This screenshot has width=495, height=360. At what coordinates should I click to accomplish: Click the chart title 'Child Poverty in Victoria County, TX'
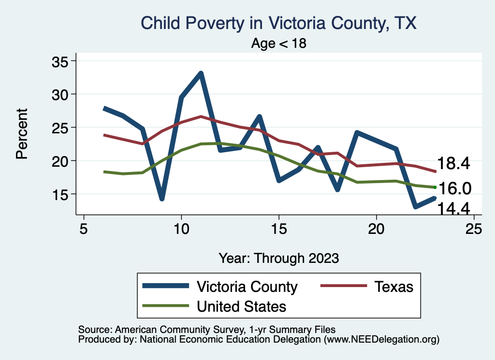tap(278, 23)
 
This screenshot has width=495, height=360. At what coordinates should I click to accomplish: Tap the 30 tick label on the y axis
tap(60, 94)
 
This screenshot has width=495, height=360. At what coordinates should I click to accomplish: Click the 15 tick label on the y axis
tap(60, 194)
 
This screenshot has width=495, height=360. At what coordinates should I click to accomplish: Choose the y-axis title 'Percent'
tap(21, 134)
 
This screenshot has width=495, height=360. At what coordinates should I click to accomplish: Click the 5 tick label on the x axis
tap(84, 229)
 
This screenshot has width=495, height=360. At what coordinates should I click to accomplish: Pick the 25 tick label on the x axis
tap(474, 229)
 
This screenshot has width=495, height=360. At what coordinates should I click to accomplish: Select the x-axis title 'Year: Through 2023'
tap(278, 258)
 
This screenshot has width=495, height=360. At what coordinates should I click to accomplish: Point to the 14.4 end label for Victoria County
tap(453, 208)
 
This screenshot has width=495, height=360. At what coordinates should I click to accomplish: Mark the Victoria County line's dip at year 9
tap(162, 199)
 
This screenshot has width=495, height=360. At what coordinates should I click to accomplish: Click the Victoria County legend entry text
tap(247, 287)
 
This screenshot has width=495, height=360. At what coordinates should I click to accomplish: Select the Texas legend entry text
tap(394, 287)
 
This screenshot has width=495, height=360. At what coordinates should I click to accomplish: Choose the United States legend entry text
tap(241, 306)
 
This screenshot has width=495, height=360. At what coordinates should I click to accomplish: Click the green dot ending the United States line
tap(435, 187)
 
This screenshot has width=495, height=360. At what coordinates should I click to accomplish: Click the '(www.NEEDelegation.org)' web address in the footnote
tap(381, 339)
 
